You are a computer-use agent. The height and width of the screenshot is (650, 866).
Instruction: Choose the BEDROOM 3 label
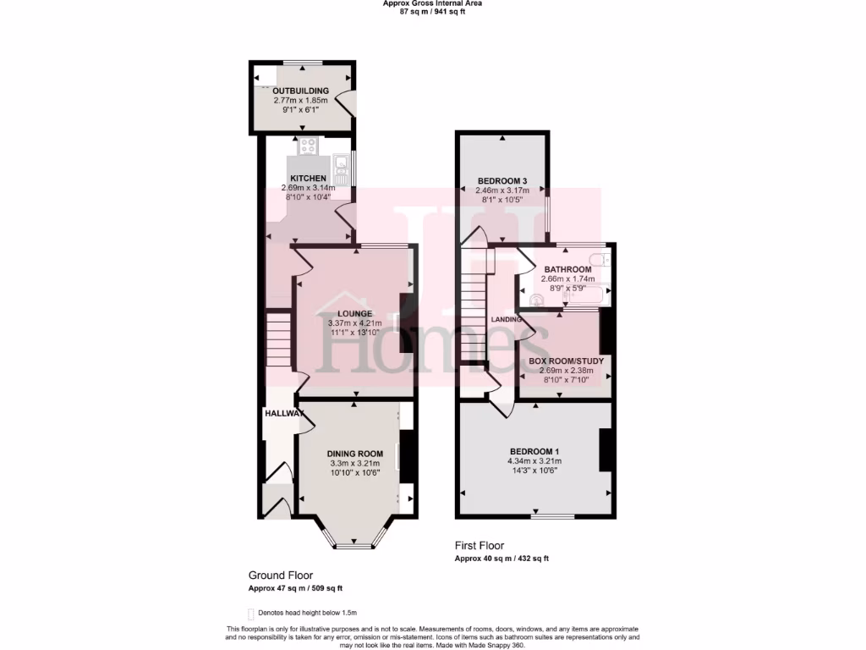(x=502, y=181)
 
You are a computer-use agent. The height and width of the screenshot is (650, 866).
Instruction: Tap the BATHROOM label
(x=567, y=270)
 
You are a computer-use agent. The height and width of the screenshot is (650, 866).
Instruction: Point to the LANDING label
(x=506, y=320)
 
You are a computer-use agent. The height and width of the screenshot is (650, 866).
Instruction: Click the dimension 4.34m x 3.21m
(x=534, y=461)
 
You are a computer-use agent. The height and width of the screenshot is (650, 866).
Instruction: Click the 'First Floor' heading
(x=480, y=546)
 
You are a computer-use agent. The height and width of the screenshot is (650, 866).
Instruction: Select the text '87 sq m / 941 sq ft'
(x=432, y=13)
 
